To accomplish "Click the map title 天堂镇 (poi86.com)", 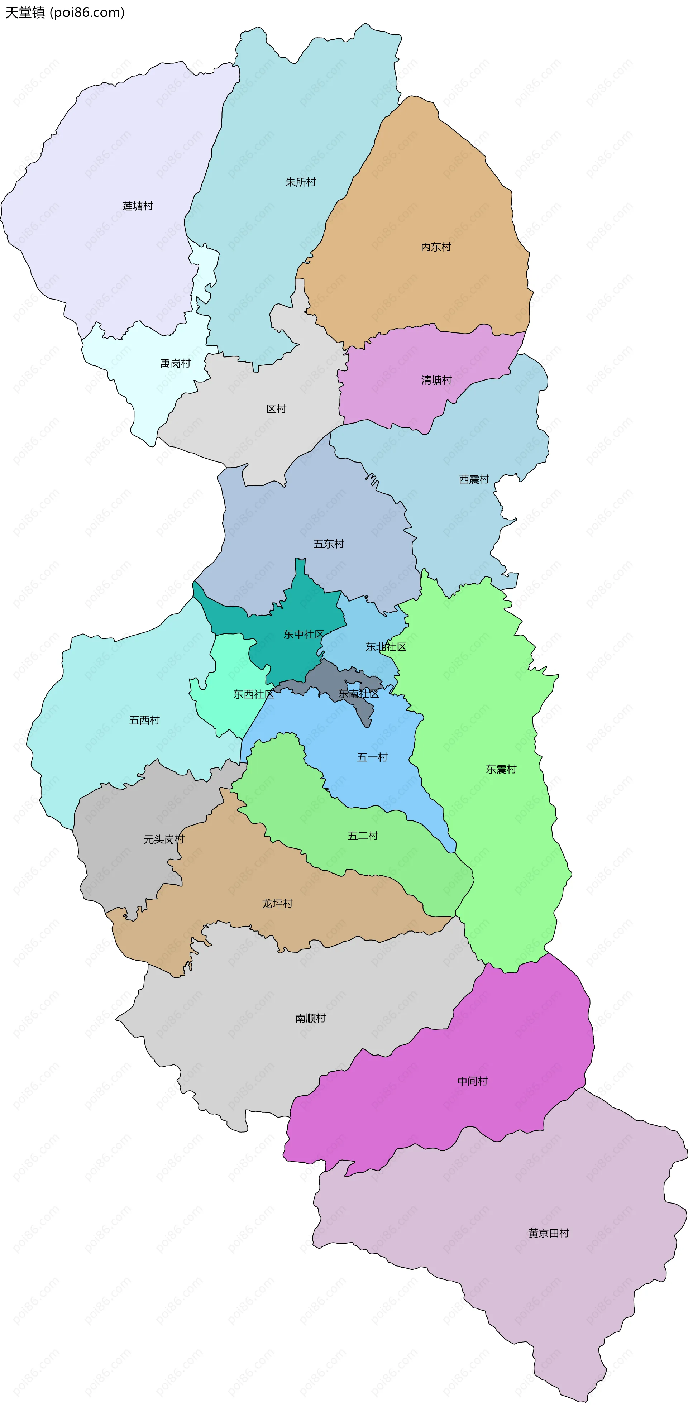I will [65, 12].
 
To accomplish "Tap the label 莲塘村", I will [137, 206].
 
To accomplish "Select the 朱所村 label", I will [301, 182].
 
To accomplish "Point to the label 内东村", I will [436, 247].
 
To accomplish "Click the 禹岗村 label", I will [176, 363].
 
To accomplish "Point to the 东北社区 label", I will [386, 647].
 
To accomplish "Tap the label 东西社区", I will [253, 694].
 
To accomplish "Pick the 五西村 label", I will [144, 720].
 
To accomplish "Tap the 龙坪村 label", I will [277, 903].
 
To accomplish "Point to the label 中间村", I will [472, 1081].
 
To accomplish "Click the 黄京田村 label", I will [549, 1233].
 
